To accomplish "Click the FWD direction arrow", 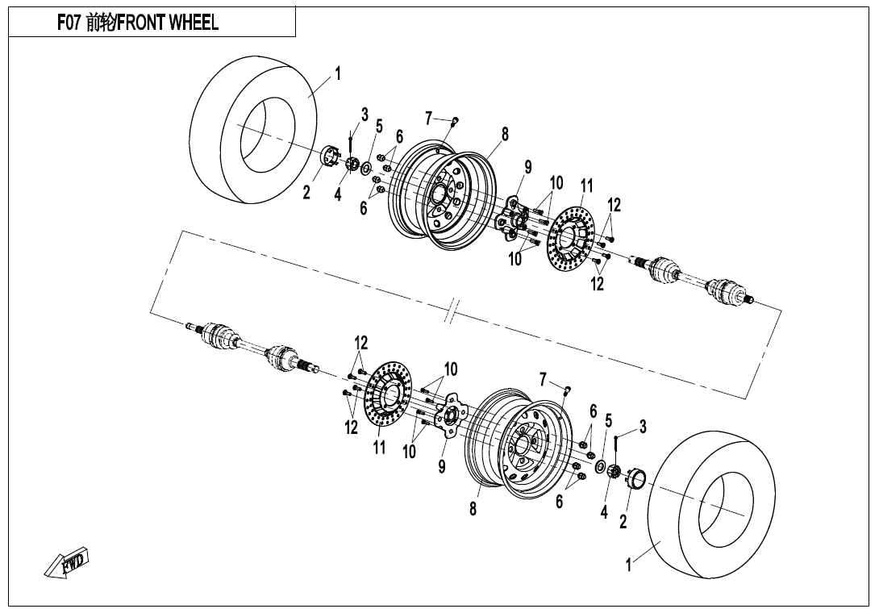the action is coord(67,562).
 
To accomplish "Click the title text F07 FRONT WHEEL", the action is coord(138,23).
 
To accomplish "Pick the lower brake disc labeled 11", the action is coord(388,395).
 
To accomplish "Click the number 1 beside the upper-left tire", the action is coord(337,73).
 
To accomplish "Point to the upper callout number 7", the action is coord(429,119).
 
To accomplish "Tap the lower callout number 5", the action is coord(608,421).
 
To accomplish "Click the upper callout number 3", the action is coord(365,115).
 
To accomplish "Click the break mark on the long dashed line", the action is coord(452,311).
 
